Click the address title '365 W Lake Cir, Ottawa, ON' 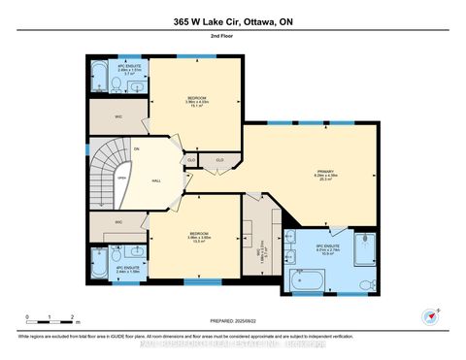point(233,22)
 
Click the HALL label point(155,181)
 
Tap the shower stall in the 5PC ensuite point(365,247)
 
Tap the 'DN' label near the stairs point(137,148)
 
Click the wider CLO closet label point(219,159)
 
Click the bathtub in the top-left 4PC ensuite point(100,75)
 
